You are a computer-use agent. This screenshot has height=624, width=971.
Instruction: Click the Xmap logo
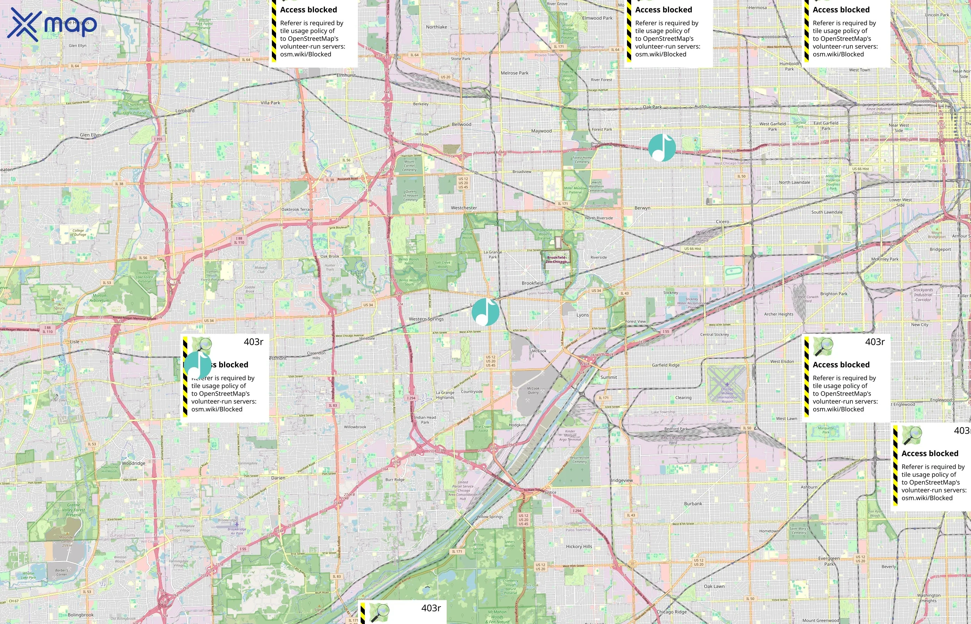[52, 24]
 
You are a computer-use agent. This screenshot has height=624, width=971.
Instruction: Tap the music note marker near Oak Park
[662, 147]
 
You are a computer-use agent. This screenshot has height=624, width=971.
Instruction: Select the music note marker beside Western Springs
[485, 312]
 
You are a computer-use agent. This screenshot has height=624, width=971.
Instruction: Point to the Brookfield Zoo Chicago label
[556, 259]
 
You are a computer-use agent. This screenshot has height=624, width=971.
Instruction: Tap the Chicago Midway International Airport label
[727, 395]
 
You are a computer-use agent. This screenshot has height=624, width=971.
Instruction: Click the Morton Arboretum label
[99, 298]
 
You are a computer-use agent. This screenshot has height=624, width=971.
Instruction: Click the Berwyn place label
[642, 208]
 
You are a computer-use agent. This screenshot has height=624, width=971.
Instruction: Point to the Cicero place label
[722, 222]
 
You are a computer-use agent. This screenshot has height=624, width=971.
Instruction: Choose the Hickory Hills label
[579, 546]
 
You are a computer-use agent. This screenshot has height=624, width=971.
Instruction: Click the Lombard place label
[185, 111]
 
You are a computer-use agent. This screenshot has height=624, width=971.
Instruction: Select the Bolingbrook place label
[81, 615]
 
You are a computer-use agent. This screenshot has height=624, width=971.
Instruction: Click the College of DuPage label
[78, 232]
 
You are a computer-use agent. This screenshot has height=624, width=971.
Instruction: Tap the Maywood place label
[541, 131]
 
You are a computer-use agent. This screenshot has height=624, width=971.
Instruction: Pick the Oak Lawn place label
[714, 586]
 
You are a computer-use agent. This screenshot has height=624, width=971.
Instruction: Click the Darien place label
[278, 478]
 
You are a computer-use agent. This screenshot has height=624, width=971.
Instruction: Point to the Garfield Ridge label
[665, 365]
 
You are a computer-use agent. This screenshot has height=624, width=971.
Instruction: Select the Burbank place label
[693, 504]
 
